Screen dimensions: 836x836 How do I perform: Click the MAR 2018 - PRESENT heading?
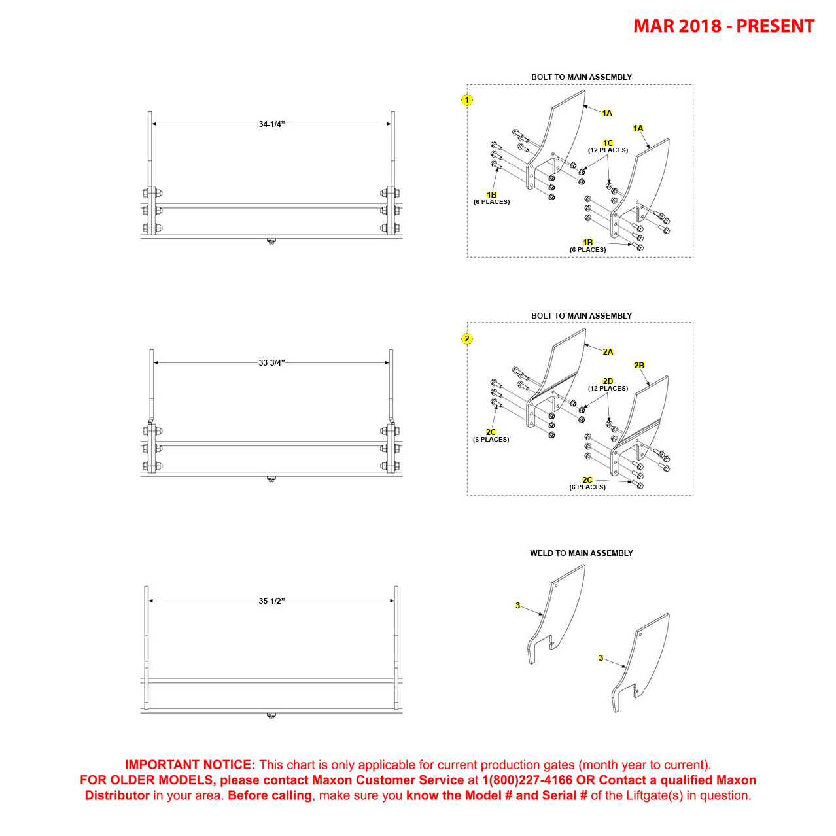(723, 26)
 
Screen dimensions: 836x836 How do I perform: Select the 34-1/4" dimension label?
(271, 124)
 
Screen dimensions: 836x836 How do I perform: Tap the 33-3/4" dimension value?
(271, 363)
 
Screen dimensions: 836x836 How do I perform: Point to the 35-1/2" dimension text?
(271, 601)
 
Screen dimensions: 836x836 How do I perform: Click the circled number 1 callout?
(467, 100)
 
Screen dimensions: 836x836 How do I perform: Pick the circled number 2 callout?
(467, 339)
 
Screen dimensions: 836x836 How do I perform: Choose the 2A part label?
(608, 352)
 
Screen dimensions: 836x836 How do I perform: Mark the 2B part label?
(639, 366)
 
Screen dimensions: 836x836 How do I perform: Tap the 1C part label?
(608, 143)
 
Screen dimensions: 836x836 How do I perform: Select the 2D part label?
(608, 381)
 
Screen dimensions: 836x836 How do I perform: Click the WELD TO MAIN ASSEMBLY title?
(581, 553)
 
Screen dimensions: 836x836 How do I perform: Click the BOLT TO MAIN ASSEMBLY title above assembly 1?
(581, 77)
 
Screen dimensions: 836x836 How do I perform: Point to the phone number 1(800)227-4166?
(527, 780)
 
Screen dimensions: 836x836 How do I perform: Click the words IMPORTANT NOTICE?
(190, 765)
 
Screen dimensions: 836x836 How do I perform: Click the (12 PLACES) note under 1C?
(608, 150)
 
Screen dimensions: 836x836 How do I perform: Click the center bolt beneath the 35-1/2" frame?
(271, 716)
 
